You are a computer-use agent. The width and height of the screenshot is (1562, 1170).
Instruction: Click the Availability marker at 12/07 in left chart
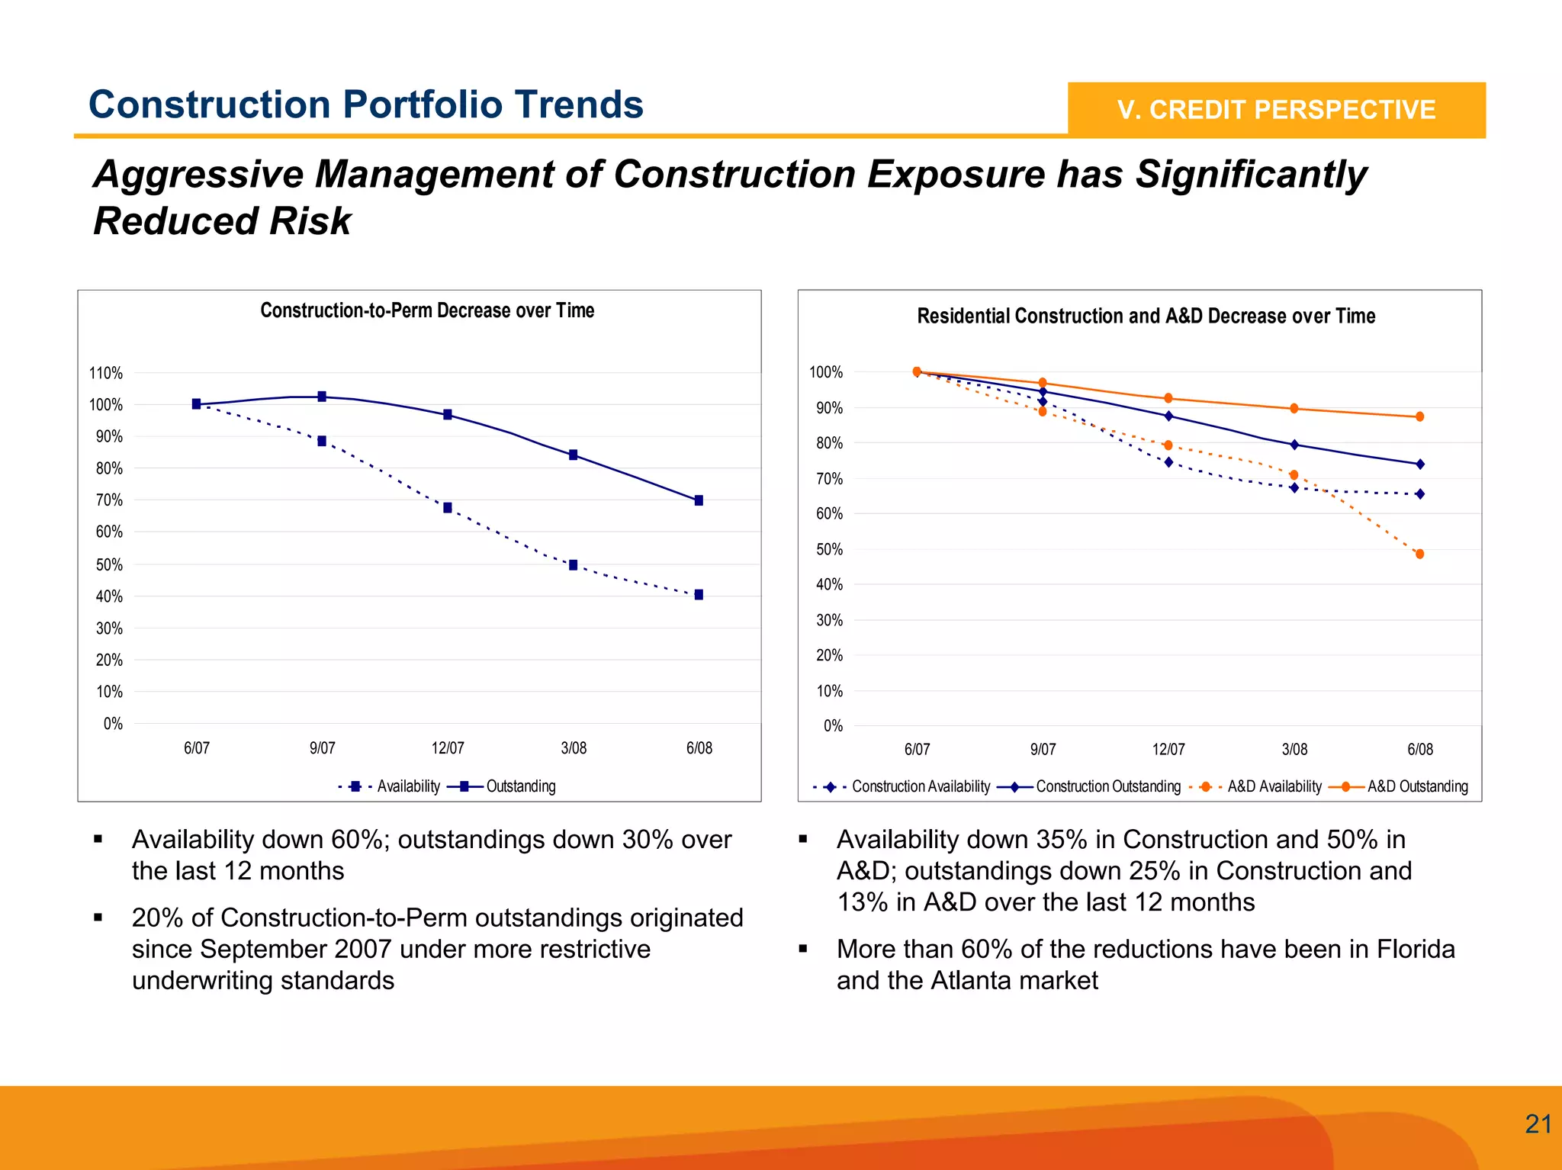[x=448, y=508]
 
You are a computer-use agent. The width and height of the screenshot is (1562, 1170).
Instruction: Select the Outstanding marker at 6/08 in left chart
[x=699, y=501]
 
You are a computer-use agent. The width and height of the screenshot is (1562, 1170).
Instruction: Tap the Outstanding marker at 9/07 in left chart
[x=322, y=397]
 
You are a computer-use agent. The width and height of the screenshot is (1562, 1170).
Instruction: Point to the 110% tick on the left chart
[x=105, y=373]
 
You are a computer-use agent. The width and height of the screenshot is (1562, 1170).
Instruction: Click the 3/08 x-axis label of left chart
[x=574, y=748]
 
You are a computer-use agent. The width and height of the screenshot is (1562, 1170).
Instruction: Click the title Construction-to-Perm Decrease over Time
[x=427, y=310]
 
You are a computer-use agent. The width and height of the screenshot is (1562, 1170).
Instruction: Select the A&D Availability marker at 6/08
[x=1419, y=554]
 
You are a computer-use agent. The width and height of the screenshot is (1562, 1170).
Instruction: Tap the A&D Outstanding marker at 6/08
[x=1419, y=417]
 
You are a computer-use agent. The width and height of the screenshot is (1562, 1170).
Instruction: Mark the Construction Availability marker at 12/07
[x=1168, y=462]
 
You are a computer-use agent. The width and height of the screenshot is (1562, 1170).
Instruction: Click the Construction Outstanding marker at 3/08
[x=1294, y=445]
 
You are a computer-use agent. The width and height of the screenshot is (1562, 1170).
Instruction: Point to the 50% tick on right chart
[x=829, y=549]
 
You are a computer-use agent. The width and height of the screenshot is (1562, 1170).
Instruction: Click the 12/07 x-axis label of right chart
[x=1168, y=750]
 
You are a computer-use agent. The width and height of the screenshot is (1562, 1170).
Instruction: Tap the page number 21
[x=1538, y=1124]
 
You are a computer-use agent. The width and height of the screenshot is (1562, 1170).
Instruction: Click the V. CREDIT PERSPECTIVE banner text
[x=1276, y=110]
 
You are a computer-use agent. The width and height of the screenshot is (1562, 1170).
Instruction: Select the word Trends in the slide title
[x=578, y=104]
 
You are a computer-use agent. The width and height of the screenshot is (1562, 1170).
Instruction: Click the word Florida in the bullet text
[x=1416, y=949]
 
